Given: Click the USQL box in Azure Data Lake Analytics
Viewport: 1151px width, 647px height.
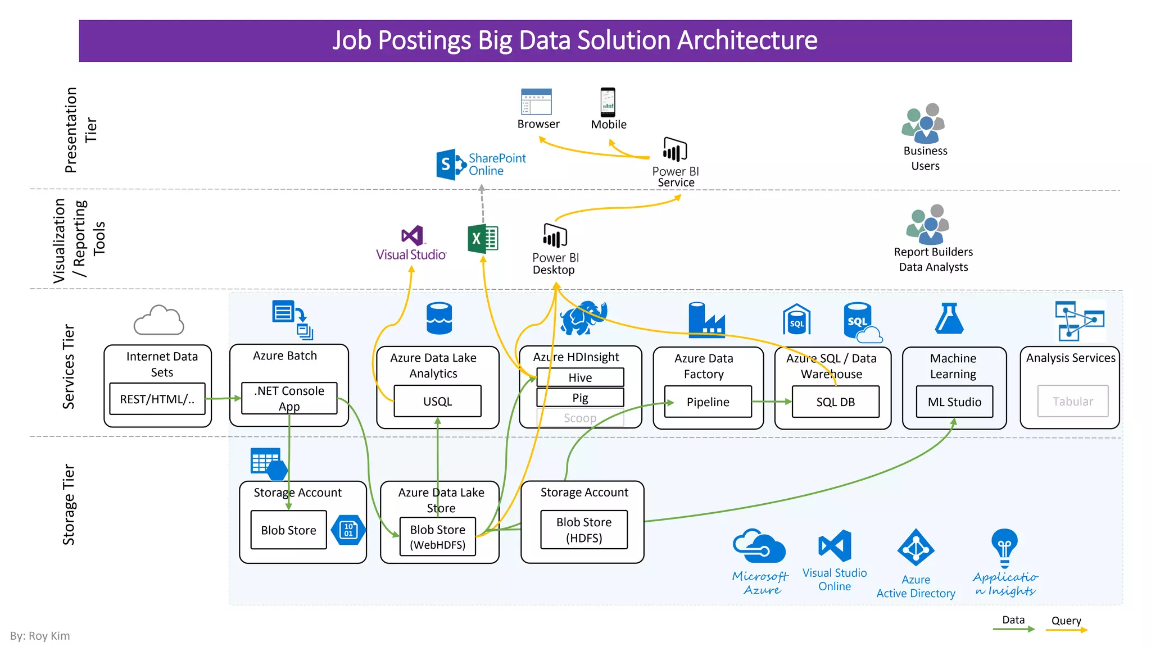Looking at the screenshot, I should tap(437, 401).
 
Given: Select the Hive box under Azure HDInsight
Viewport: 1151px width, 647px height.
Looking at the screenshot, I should tap(580, 377).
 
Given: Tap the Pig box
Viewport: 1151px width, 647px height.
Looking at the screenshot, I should tap(580, 398).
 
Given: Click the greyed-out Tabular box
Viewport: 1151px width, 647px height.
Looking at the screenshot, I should tap(1072, 401).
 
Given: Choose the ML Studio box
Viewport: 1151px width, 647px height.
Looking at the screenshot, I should tap(954, 402).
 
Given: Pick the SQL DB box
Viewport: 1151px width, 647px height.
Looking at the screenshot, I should tap(835, 402).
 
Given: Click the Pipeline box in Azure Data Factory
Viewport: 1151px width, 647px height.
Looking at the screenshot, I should tap(708, 402).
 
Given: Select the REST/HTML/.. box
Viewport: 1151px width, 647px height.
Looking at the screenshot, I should tap(157, 399).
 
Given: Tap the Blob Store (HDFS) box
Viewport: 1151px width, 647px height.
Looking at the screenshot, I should tap(583, 530).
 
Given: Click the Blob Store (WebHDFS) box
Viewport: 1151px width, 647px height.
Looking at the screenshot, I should tap(437, 536).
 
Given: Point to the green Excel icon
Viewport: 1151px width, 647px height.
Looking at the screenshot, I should tap(483, 239).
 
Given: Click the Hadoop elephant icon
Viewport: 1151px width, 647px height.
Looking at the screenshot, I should tap(583, 317).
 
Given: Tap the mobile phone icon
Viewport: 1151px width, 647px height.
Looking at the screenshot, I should tap(608, 102).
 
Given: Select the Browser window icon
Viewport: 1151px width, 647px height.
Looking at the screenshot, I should tap(536, 102).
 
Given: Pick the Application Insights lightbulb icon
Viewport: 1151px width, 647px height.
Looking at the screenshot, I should tap(1004, 548).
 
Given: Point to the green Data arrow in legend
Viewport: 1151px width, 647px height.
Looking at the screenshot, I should tap(1013, 629).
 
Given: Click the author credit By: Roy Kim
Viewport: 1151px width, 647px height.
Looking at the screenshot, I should tap(40, 636).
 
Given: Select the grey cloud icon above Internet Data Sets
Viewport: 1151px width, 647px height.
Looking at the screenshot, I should tap(158, 320).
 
